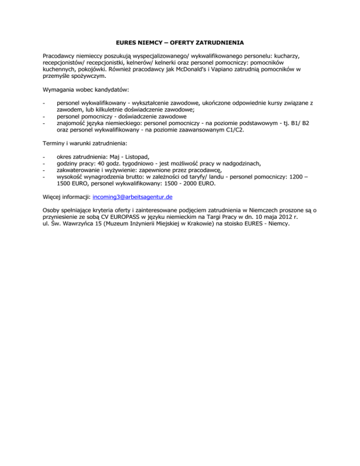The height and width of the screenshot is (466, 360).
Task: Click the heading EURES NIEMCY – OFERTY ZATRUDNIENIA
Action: pos(180,42)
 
